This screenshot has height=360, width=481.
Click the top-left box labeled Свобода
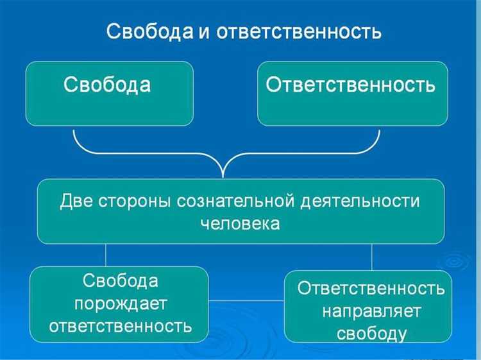[109, 93]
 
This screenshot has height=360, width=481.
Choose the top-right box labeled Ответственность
[353, 93]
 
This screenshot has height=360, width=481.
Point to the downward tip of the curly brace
[223, 175]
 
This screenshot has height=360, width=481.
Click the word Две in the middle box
[78, 201]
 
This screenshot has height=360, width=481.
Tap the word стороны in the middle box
[137, 201]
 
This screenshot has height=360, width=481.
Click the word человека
[240, 224]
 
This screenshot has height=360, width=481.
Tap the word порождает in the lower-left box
[120, 303]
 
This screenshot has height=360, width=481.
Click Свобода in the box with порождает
[120, 281]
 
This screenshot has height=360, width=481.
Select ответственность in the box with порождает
[120, 325]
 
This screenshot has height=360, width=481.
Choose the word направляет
[371, 311]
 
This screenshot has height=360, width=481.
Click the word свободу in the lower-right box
[371, 334]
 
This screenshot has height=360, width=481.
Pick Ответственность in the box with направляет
[371, 289]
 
